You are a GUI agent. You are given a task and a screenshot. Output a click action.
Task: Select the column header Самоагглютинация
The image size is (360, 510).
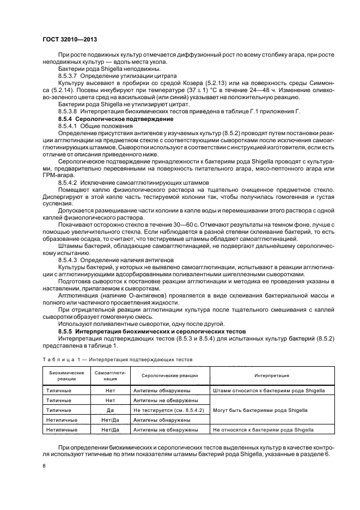tap(111, 375)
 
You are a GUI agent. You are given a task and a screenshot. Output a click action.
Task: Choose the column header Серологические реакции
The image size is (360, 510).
tap(169, 375)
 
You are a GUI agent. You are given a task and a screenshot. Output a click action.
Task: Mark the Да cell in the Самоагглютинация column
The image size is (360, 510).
tap(111, 410)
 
